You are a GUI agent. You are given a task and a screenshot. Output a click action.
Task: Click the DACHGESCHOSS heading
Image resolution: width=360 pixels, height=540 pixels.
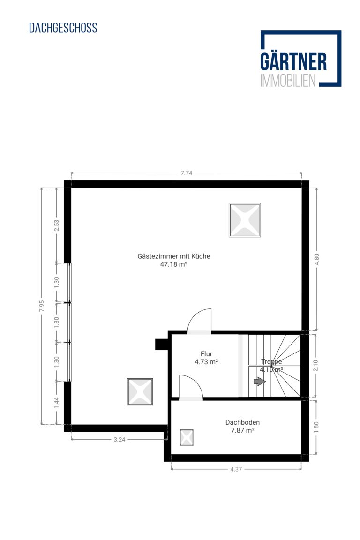(x=63, y=28)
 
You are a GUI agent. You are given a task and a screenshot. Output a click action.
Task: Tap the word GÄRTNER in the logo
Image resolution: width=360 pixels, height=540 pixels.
(x=293, y=62)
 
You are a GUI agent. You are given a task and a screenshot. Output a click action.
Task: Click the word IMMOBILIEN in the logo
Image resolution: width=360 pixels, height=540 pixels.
(x=288, y=80)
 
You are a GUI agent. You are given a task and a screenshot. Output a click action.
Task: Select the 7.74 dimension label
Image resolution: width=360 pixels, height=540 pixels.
(x=187, y=173)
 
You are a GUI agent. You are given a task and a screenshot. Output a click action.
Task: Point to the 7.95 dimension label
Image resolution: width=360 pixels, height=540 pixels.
(x=42, y=306)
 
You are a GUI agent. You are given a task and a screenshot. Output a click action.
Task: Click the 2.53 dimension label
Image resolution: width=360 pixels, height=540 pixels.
(x=57, y=225)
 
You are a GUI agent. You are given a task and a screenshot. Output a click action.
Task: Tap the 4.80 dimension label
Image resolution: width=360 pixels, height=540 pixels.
(x=316, y=259)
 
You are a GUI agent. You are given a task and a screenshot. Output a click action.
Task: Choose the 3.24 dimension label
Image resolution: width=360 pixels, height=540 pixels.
(x=120, y=439)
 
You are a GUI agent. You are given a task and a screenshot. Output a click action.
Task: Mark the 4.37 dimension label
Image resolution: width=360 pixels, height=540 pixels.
(x=236, y=469)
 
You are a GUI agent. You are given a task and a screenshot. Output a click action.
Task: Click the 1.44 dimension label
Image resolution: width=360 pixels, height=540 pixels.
(x=57, y=403)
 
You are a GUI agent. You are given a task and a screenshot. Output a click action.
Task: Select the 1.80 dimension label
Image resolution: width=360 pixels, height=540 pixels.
(x=316, y=427)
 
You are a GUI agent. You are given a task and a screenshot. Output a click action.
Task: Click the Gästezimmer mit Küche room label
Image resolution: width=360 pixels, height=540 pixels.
(x=173, y=256)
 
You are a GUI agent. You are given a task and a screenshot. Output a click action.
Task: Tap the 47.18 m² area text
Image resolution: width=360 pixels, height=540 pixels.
(x=173, y=264)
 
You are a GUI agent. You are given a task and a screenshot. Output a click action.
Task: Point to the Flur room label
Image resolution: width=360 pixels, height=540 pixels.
(x=206, y=354)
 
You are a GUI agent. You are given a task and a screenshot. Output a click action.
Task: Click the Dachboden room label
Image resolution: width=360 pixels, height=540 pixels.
(x=242, y=422)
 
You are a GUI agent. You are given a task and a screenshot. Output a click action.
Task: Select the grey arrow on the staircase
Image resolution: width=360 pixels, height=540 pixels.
(x=260, y=381)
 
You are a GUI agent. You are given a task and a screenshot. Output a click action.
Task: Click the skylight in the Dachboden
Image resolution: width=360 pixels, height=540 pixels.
(x=187, y=438)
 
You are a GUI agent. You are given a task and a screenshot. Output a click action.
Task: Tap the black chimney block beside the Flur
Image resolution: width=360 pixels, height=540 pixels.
(x=161, y=345)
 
